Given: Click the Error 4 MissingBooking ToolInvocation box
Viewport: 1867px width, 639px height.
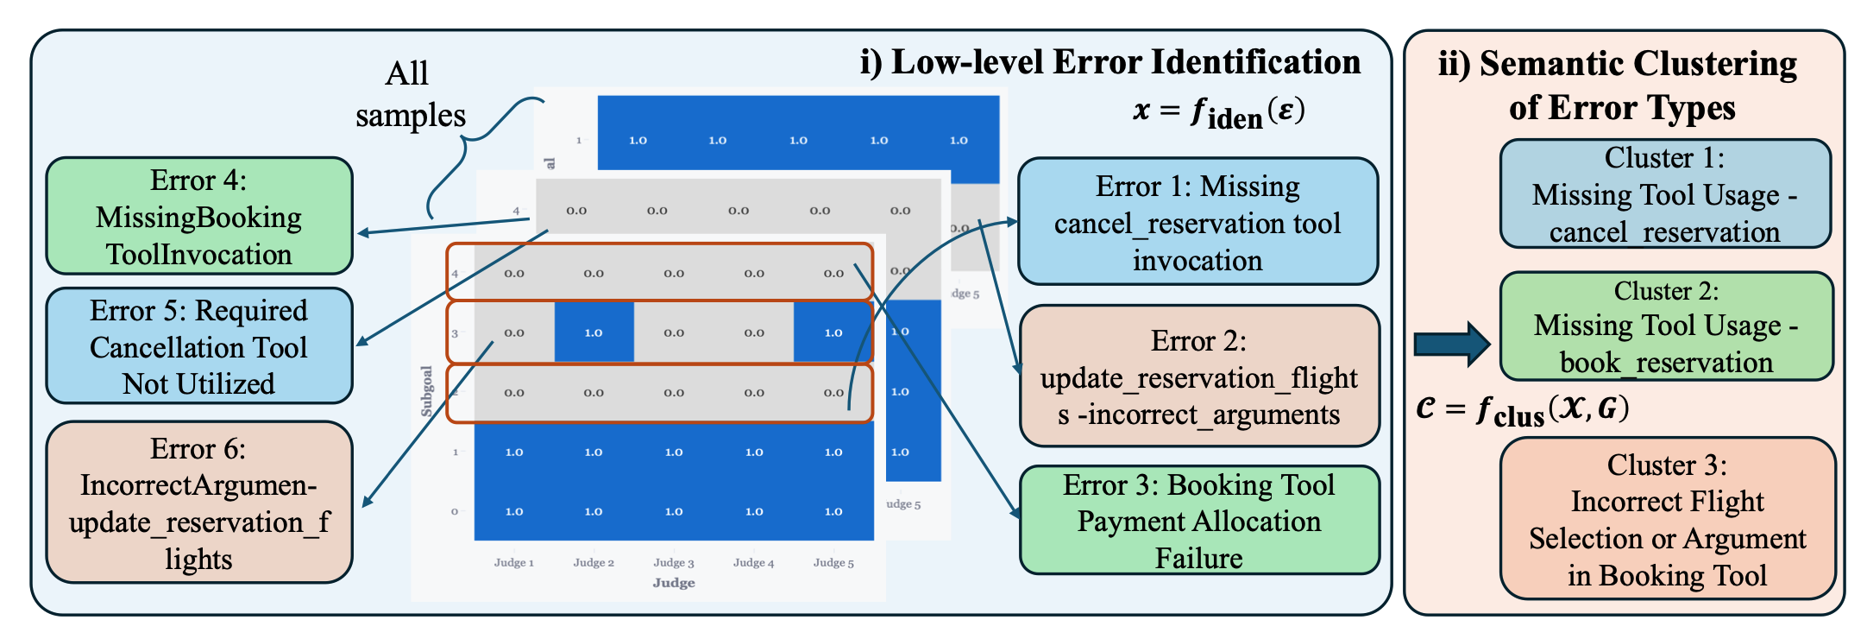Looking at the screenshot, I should (199, 217).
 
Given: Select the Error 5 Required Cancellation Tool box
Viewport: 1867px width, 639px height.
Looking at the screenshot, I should (199, 346).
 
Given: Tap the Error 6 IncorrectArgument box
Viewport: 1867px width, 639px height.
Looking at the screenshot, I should (199, 503).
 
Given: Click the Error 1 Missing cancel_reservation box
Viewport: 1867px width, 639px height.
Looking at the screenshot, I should (1198, 222).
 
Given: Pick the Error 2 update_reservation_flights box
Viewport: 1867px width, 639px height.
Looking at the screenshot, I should (1198, 376).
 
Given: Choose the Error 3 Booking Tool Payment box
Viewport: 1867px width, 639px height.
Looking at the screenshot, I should (1198, 521).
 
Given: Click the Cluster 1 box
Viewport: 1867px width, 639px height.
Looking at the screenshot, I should (1664, 194).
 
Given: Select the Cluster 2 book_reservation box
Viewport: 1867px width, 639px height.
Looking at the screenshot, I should (1666, 326).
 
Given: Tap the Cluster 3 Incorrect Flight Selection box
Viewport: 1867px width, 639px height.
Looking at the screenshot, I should (1667, 519).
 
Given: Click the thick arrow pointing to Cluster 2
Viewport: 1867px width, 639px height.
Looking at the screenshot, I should (1451, 344).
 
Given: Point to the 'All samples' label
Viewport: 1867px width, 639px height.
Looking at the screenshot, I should (410, 94).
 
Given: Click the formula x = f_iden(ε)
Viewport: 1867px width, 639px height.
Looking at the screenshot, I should (1218, 111).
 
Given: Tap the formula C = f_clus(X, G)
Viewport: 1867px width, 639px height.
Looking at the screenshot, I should (1522, 409).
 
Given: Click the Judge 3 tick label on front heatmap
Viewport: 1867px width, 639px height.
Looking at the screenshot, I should (673, 563).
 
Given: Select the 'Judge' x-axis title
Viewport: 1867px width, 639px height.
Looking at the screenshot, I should (674, 583).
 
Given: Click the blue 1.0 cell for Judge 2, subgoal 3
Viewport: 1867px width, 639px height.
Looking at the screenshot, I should (594, 332).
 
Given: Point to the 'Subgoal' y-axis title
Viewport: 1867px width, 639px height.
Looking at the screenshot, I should (426, 391).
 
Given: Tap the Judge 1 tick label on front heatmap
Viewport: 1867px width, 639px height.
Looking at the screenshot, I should (513, 563).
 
